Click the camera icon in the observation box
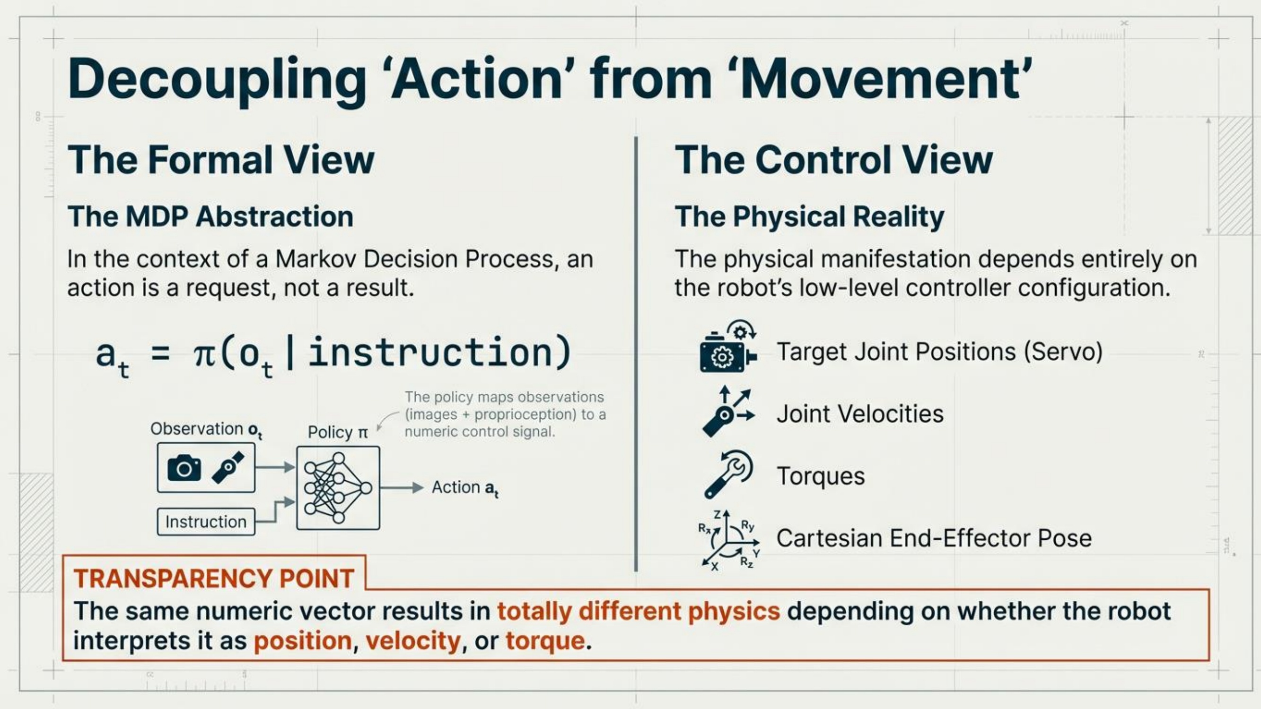pyautogui.click(x=184, y=468)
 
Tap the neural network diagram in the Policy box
pyautogui.click(x=338, y=487)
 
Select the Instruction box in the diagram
pyautogui.click(x=206, y=522)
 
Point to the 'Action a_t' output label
pyautogui.click(x=465, y=488)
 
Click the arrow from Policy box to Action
pyautogui.click(x=402, y=487)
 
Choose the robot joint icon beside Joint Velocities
pyautogui.click(x=728, y=412)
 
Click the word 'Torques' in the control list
pyautogui.click(x=821, y=476)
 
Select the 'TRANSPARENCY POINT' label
pyautogui.click(x=214, y=579)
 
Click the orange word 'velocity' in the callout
pyautogui.click(x=412, y=641)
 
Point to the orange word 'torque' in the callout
pyautogui.click(x=545, y=641)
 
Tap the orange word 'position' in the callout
pyautogui.click(x=303, y=641)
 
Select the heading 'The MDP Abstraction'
pyautogui.click(x=210, y=216)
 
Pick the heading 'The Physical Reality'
pyautogui.click(x=810, y=217)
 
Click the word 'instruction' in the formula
pyautogui.click(x=430, y=352)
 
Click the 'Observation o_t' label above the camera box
pyautogui.click(x=206, y=430)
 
